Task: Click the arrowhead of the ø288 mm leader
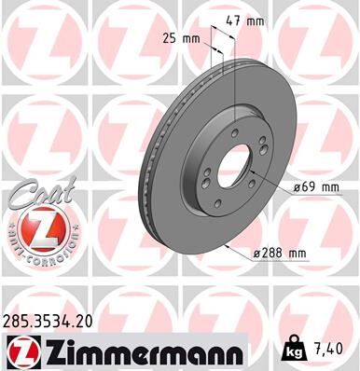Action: (229, 245)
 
